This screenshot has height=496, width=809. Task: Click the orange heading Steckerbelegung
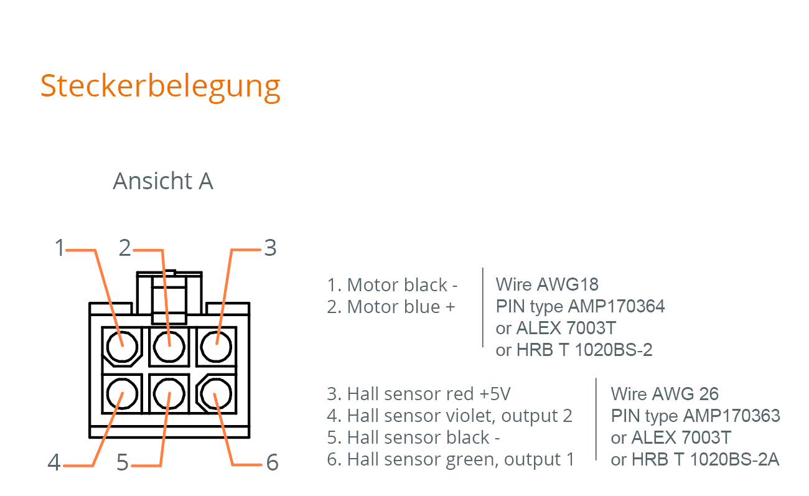[161, 87]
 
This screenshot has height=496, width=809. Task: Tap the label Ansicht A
[163, 180]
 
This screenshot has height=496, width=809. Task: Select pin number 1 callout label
[60, 248]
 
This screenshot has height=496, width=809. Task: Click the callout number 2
[125, 248]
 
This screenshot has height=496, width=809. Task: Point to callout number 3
[271, 248]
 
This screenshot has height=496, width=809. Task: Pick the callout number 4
[54, 462]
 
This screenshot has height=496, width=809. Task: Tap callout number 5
[123, 462]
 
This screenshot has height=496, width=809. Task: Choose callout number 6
[273, 462]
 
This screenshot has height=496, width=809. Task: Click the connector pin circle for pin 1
[122, 347]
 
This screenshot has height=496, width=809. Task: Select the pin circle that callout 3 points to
[216, 347]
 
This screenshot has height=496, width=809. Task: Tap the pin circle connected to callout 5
[169, 394]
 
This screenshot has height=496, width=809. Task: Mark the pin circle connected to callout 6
[216, 394]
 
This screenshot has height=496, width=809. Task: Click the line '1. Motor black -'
[392, 285]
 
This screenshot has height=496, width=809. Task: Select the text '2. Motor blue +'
[391, 307]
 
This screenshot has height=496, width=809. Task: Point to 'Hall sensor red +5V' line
[429, 394]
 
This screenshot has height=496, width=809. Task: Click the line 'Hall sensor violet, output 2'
[459, 416]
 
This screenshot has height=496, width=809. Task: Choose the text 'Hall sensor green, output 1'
[461, 459]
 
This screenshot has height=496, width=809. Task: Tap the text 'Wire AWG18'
[547, 284]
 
